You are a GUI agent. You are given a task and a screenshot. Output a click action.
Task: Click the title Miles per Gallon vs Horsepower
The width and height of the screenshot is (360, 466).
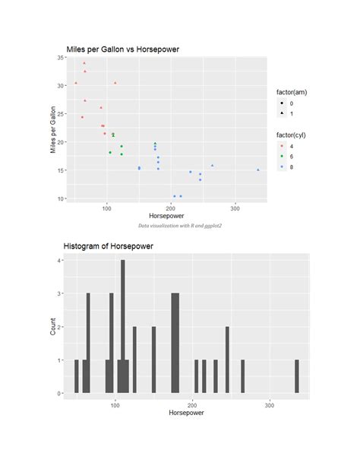(x=123, y=49)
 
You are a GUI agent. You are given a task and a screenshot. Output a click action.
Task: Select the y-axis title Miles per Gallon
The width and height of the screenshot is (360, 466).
(x=53, y=130)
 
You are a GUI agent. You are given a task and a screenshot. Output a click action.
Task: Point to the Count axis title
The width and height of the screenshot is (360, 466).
(x=53, y=326)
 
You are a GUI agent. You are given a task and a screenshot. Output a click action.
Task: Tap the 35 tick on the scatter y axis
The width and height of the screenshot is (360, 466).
(x=59, y=58)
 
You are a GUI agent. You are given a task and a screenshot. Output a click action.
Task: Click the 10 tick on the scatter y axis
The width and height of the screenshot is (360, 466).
(x=59, y=198)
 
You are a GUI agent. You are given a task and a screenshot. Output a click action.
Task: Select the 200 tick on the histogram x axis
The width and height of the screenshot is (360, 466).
(x=192, y=404)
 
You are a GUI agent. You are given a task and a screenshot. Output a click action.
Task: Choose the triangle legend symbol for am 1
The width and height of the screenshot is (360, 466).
(x=283, y=113)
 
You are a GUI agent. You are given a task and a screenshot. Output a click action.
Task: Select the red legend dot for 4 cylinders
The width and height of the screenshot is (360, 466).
(x=283, y=145)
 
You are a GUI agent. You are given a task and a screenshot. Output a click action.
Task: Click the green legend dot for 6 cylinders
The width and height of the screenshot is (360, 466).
(x=283, y=156)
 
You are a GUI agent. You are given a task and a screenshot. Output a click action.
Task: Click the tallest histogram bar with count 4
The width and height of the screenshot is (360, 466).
(x=123, y=327)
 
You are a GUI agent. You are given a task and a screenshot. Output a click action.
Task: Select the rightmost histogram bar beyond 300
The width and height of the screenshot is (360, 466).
(x=297, y=376)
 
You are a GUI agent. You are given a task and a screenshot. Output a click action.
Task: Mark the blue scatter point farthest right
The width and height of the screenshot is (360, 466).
(x=257, y=170)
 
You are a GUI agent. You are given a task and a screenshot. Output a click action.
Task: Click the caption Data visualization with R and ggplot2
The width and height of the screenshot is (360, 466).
(x=180, y=226)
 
